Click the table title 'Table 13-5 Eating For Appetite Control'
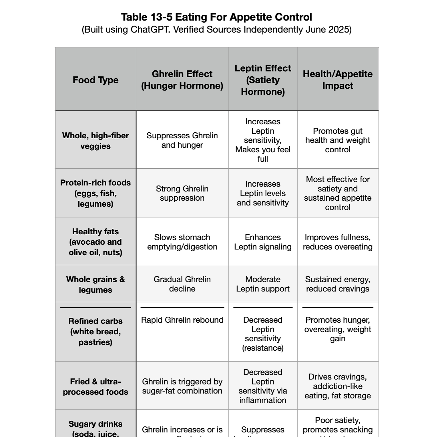point(216,17)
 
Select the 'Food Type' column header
point(95,80)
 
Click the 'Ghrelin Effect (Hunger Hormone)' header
point(182,80)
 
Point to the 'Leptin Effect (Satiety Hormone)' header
point(263,80)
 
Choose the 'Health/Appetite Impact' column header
point(338,80)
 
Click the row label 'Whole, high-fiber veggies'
point(95,141)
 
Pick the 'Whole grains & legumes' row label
point(95,284)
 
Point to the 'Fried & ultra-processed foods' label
point(95,387)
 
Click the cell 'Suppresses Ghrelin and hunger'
point(182,140)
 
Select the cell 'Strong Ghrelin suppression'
point(182,193)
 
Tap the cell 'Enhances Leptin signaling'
point(263,242)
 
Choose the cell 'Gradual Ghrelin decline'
point(182,284)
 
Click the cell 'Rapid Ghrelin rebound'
point(182,320)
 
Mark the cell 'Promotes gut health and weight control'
point(338,140)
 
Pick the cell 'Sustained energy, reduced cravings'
point(338,284)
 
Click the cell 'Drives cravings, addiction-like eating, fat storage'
point(338,386)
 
